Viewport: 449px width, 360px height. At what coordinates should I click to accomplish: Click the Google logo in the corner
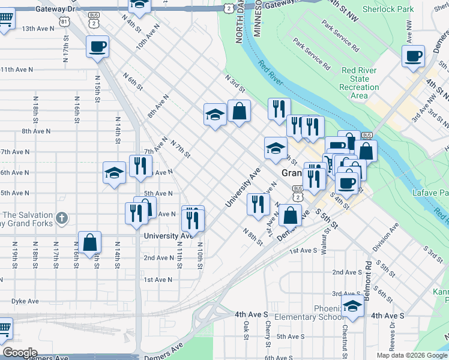(20, 353)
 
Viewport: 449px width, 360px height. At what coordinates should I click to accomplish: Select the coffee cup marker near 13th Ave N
(97, 46)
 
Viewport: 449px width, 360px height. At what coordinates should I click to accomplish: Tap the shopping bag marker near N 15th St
(89, 242)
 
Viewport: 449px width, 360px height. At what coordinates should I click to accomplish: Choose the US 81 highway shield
(64, 21)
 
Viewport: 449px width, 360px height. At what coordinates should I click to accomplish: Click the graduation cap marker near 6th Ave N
(114, 173)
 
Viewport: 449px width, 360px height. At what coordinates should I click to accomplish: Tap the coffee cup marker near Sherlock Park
(412, 57)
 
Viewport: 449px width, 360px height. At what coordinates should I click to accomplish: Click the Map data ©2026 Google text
(412, 355)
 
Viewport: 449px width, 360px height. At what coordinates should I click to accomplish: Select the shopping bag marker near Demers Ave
(290, 215)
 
